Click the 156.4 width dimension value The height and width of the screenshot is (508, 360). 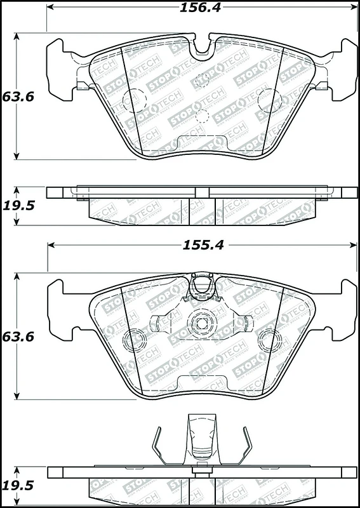[200, 8]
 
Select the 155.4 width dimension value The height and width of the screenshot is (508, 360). [203, 245]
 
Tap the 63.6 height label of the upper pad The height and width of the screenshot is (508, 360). [18, 97]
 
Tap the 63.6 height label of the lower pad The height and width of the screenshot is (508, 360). [18, 337]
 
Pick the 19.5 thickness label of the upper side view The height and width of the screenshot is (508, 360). [18, 205]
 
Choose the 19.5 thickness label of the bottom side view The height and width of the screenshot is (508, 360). [18, 485]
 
